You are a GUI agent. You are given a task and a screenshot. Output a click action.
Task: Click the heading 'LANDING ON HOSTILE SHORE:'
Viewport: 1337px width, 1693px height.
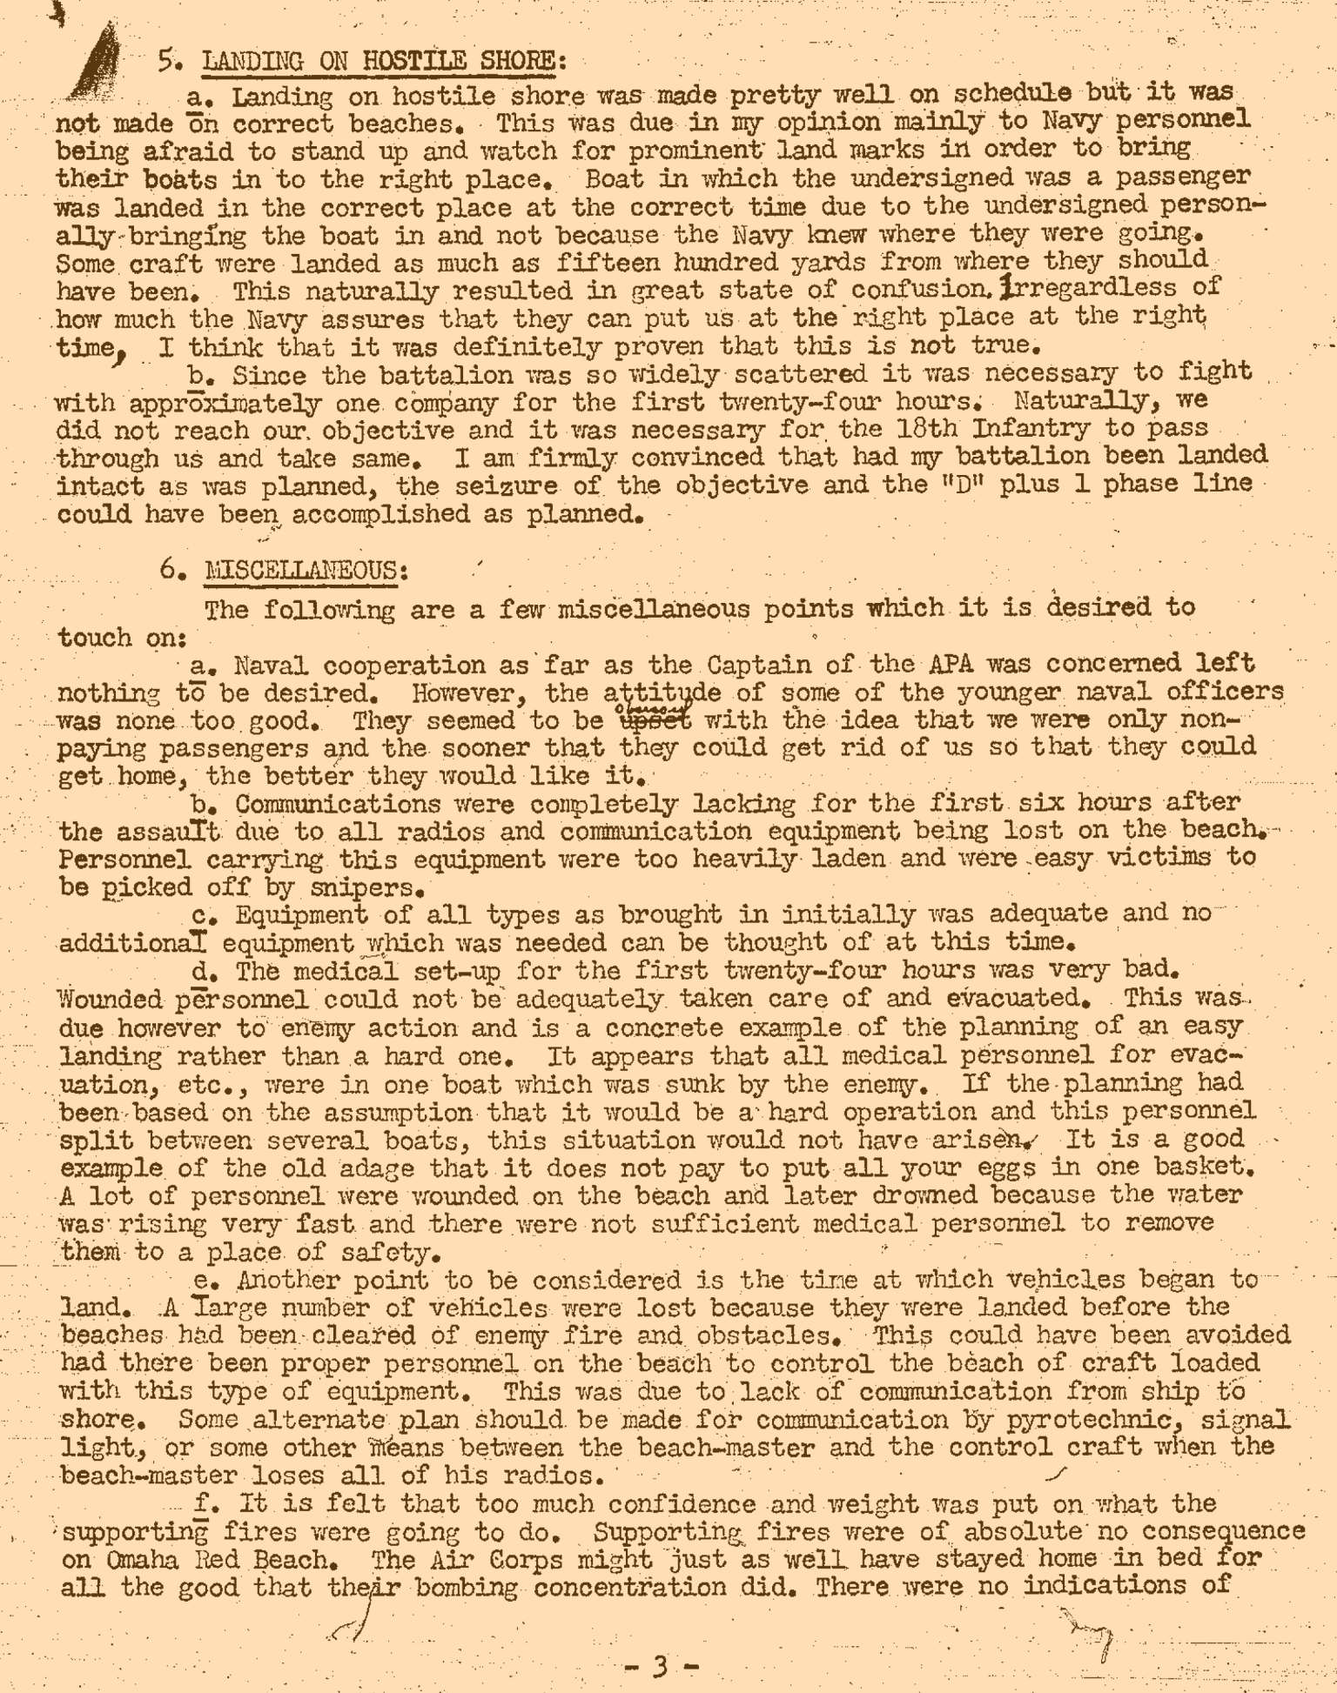(384, 62)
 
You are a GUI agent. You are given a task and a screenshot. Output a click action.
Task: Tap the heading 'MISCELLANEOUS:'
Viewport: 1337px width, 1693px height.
(305, 571)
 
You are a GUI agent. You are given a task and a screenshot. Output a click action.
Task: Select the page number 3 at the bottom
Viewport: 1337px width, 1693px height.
(661, 1665)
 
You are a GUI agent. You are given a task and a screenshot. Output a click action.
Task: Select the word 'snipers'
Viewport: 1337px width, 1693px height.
(371, 888)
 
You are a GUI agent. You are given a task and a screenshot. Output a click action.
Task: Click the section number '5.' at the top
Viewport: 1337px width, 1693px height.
(170, 61)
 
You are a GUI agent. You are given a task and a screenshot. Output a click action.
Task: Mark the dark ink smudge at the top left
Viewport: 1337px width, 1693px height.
(97, 66)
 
